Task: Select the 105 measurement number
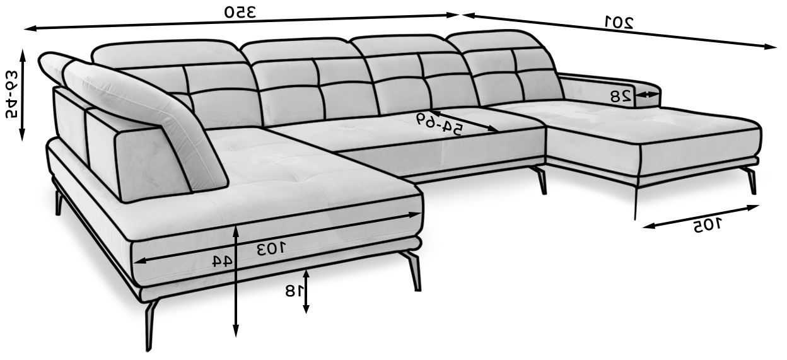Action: [709, 225]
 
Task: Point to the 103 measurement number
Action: [271, 248]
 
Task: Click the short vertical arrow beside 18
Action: [306, 290]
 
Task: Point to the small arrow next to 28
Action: [648, 95]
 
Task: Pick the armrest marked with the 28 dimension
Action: [605, 88]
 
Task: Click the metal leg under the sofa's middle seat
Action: [540, 180]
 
